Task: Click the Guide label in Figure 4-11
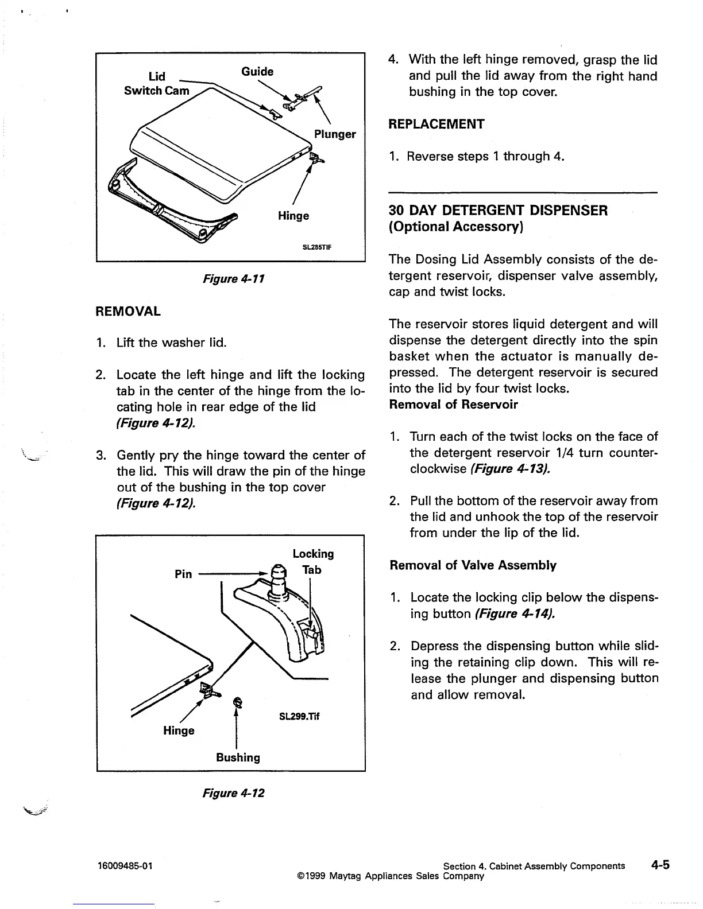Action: point(257,71)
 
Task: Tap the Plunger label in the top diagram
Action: point(335,134)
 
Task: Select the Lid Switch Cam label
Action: point(157,84)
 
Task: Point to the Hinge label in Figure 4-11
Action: point(293,216)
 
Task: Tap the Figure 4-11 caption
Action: point(233,279)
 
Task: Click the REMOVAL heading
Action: point(128,312)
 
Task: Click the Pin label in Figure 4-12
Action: point(183,574)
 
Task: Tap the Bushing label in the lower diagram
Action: point(238,757)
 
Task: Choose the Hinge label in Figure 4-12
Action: point(179,731)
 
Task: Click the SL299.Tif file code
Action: point(299,716)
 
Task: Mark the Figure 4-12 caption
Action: point(233,793)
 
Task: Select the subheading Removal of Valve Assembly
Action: point(473,565)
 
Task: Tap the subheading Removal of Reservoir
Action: point(454,405)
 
